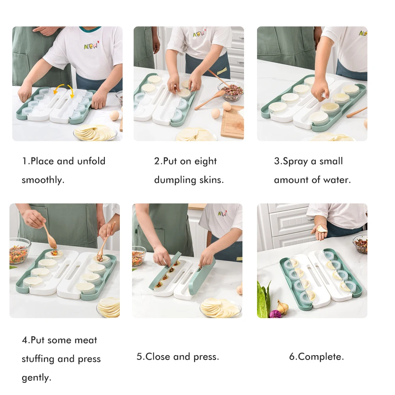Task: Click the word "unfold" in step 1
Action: (x=91, y=161)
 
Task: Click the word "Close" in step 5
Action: (x=158, y=357)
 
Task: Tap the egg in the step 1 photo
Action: (x=114, y=116)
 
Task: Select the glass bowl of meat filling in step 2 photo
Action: (x=232, y=91)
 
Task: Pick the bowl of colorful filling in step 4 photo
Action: (x=19, y=251)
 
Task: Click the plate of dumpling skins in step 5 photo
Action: (x=220, y=307)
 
